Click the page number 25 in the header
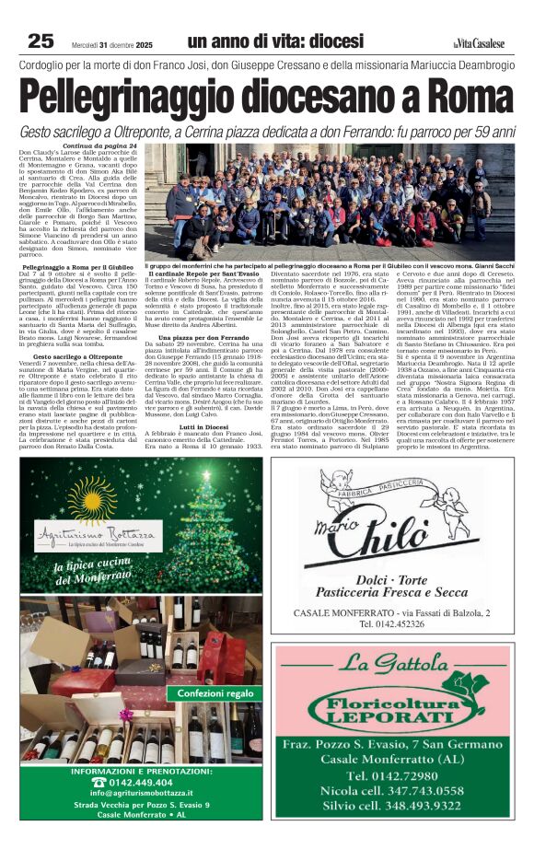[x=40, y=41]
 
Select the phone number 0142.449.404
[x=143, y=782]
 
